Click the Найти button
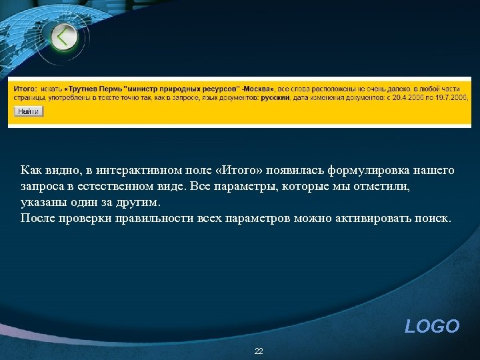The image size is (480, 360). pyautogui.click(x=28, y=111)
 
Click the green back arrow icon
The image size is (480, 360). pyautogui.click(x=64, y=37)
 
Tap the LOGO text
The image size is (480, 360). pyautogui.click(x=432, y=326)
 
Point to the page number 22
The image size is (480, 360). pyautogui.click(x=259, y=351)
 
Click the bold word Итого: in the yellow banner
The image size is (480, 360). pyautogui.click(x=25, y=88)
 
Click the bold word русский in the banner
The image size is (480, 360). pyautogui.click(x=274, y=97)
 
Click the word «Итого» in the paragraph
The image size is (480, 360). pyautogui.click(x=239, y=170)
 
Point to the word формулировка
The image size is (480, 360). pyautogui.click(x=361, y=170)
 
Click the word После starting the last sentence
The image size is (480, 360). pyautogui.click(x=37, y=218)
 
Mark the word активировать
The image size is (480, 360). pyautogui.click(x=381, y=218)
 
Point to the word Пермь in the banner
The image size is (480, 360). pyautogui.click(x=114, y=88)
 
